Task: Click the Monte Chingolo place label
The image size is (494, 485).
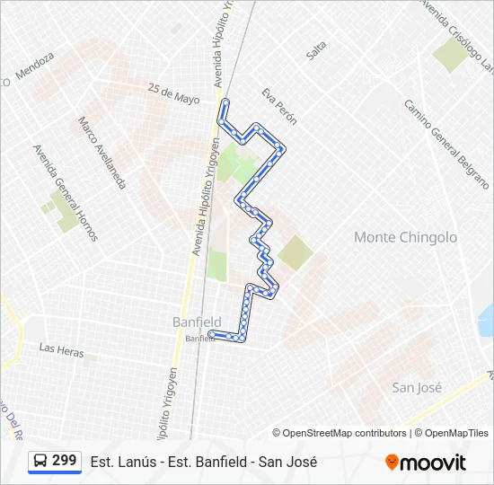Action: click(x=405, y=237)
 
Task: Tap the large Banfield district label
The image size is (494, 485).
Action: click(x=197, y=322)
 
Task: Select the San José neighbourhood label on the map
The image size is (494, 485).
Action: click(x=417, y=387)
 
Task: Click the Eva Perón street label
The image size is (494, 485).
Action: click(x=278, y=105)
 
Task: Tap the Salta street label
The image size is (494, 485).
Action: click(x=316, y=51)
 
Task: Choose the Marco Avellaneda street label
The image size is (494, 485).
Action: click(x=100, y=152)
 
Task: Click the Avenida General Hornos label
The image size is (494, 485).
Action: click(x=64, y=192)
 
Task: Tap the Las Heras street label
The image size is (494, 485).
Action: click(x=61, y=349)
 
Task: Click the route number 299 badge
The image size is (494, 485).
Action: click(x=64, y=461)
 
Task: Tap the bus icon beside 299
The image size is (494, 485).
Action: click(x=40, y=462)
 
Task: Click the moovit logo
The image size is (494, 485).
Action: click(x=426, y=463)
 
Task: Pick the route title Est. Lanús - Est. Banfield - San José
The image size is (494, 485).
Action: click(x=204, y=462)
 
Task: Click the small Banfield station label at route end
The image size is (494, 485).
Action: click(x=199, y=339)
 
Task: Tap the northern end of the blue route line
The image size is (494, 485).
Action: click(x=224, y=101)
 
